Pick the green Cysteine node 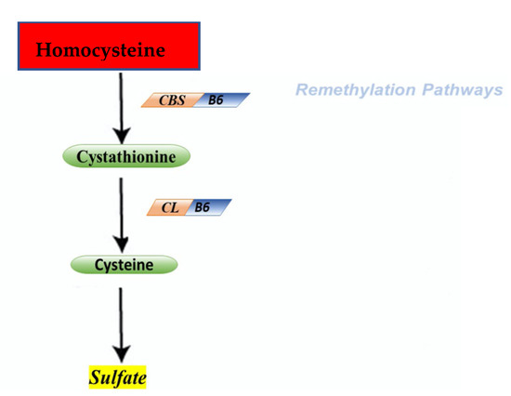click(x=124, y=265)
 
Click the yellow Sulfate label click(x=118, y=377)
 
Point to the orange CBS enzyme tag click(x=167, y=99)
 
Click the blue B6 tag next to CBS click(x=216, y=99)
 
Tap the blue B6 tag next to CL click(x=207, y=206)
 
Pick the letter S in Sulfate click(x=94, y=377)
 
